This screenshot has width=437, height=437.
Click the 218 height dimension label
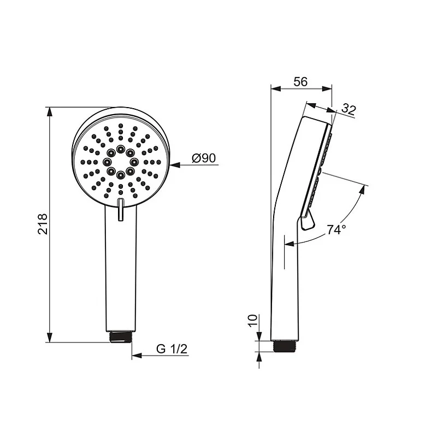click(43, 224)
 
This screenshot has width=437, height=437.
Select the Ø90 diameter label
click(204, 158)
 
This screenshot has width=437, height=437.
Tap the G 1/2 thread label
click(172, 349)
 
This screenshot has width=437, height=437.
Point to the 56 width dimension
click(300, 81)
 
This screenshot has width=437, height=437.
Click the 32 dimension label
click(348, 109)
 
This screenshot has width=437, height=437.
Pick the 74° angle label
click(336, 230)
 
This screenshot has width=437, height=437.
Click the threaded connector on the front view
click(121, 336)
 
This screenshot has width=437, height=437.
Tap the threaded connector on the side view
click(284, 346)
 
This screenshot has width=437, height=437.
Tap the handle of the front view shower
click(121, 273)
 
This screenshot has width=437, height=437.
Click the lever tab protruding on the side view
click(308, 221)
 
